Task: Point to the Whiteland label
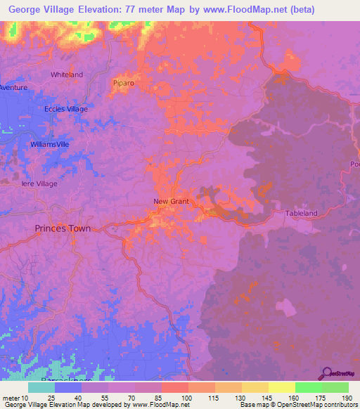(67, 74)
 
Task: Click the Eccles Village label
(66, 110)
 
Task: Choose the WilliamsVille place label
(50, 143)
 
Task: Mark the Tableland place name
(302, 213)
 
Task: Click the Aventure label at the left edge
(11, 87)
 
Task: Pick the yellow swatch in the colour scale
(281, 387)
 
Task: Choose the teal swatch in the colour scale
(41, 387)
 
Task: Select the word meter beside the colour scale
(13, 398)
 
